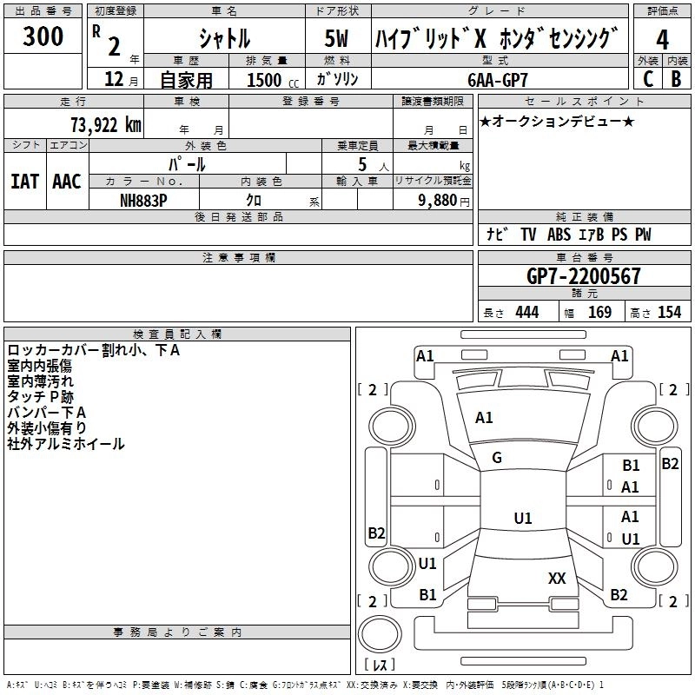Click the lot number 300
click(43, 36)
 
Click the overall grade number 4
click(662, 40)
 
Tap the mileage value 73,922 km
click(106, 125)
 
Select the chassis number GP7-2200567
click(583, 276)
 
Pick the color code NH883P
click(143, 201)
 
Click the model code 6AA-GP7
click(498, 80)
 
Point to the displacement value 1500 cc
click(273, 80)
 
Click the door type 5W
click(336, 38)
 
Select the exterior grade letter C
click(648, 79)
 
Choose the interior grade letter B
click(676, 79)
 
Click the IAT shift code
click(25, 182)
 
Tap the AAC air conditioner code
click(67, 182)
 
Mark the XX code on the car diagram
click(557, 579)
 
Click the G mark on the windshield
click(497, 458)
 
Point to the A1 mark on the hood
click(484, 418)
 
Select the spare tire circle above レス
click(380, 634)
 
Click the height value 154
click(669, 313)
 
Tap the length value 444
click(527, 313)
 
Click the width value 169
click(599, 313)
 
